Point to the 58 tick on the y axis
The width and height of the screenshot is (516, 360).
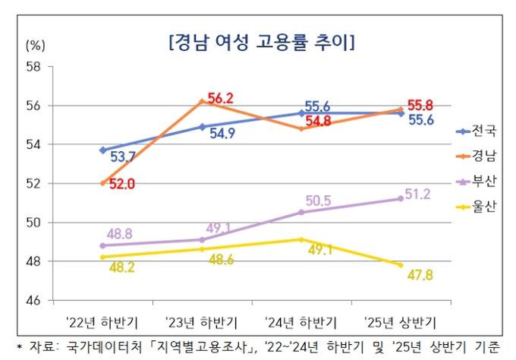tap(33, 66)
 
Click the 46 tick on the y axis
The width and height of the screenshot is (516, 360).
tap(33, 301)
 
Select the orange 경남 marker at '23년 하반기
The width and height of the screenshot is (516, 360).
tap(202, 101)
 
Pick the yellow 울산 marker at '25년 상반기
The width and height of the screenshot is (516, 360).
tap(400, 264)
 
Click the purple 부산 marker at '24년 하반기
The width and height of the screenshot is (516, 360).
tap(301, 212)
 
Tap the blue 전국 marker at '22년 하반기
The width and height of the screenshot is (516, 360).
tap(102, 150)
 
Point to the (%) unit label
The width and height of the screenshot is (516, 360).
tap(36, 44)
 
